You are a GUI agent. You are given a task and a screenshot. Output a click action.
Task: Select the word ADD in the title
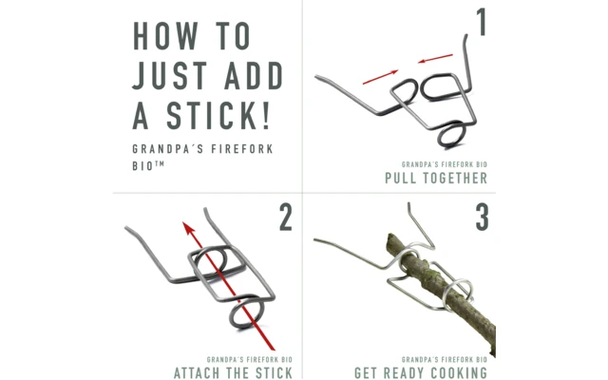coord(254,75)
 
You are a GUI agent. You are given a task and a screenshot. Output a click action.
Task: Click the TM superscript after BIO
coord(160,163)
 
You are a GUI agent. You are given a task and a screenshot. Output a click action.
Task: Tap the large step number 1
coord(482,23)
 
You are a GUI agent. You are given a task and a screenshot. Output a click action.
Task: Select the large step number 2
coord(286,218)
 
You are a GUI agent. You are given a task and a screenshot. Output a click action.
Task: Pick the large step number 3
coord(482,218)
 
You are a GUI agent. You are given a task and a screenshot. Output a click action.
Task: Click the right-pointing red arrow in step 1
coord(380,77)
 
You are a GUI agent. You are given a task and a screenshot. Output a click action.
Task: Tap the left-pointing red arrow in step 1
coord(435,59)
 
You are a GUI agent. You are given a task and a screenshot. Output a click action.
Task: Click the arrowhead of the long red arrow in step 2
coord(189,228)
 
